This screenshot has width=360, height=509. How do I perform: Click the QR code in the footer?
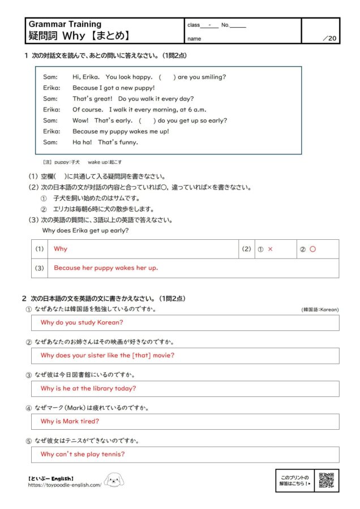point(327,480)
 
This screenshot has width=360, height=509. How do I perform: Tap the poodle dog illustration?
point(114,481)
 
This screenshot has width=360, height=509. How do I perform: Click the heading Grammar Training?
point(65,24)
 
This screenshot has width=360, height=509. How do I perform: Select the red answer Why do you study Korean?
point(82,322)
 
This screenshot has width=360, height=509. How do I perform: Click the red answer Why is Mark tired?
point(70,421)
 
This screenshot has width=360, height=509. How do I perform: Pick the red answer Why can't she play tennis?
point(83,454)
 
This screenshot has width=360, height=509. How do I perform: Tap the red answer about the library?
point(88,389)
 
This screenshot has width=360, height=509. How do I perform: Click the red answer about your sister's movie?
point(108,355)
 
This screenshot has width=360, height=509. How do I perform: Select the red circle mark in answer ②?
point(312,249)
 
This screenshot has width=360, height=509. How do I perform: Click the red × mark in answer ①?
point(270,249)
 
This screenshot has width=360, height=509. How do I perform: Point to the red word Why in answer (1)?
point(60,249)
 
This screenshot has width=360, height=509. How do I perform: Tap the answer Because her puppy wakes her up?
point(106,268)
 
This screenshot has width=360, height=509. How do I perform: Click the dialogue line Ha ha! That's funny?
point(105,142)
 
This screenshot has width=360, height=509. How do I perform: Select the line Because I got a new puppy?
point(113,88)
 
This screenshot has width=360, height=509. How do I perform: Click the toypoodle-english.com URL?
point(65,485)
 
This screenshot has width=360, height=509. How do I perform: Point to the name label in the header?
point(194,39)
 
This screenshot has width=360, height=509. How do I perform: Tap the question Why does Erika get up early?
point(85,230)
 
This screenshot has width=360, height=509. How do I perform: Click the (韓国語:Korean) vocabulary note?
point(320,310)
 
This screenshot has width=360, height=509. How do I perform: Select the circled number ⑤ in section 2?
point(29,441)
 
